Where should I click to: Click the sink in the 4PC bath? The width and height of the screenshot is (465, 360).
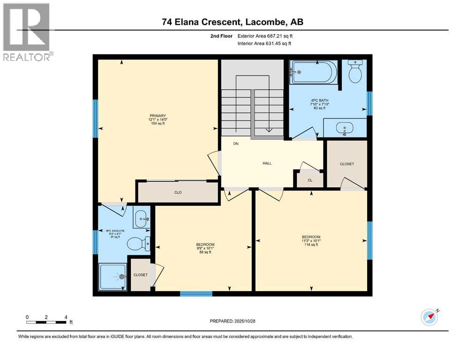pyautogui.click(x=345, y=128)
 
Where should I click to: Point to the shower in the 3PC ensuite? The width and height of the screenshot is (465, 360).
pyautogui.click(x=112, y=277)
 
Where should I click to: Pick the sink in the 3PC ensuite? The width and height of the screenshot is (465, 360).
pyautogui.click(x=142, y=217)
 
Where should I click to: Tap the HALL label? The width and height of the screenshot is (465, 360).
pyautogui.click(x=267, y=163)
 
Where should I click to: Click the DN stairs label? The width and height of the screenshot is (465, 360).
pyautogui.click(x=236, y=144)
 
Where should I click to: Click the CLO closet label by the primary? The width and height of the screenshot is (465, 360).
pyautogui.click(x=178, y=192)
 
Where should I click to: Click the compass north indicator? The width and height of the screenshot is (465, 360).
pyautogui.click(x=429, y=317)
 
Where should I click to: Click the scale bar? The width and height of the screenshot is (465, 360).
pyautogui.click(x=46, y=322)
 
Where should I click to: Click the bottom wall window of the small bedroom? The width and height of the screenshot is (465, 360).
pyautogui.click(x=196, y=294)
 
